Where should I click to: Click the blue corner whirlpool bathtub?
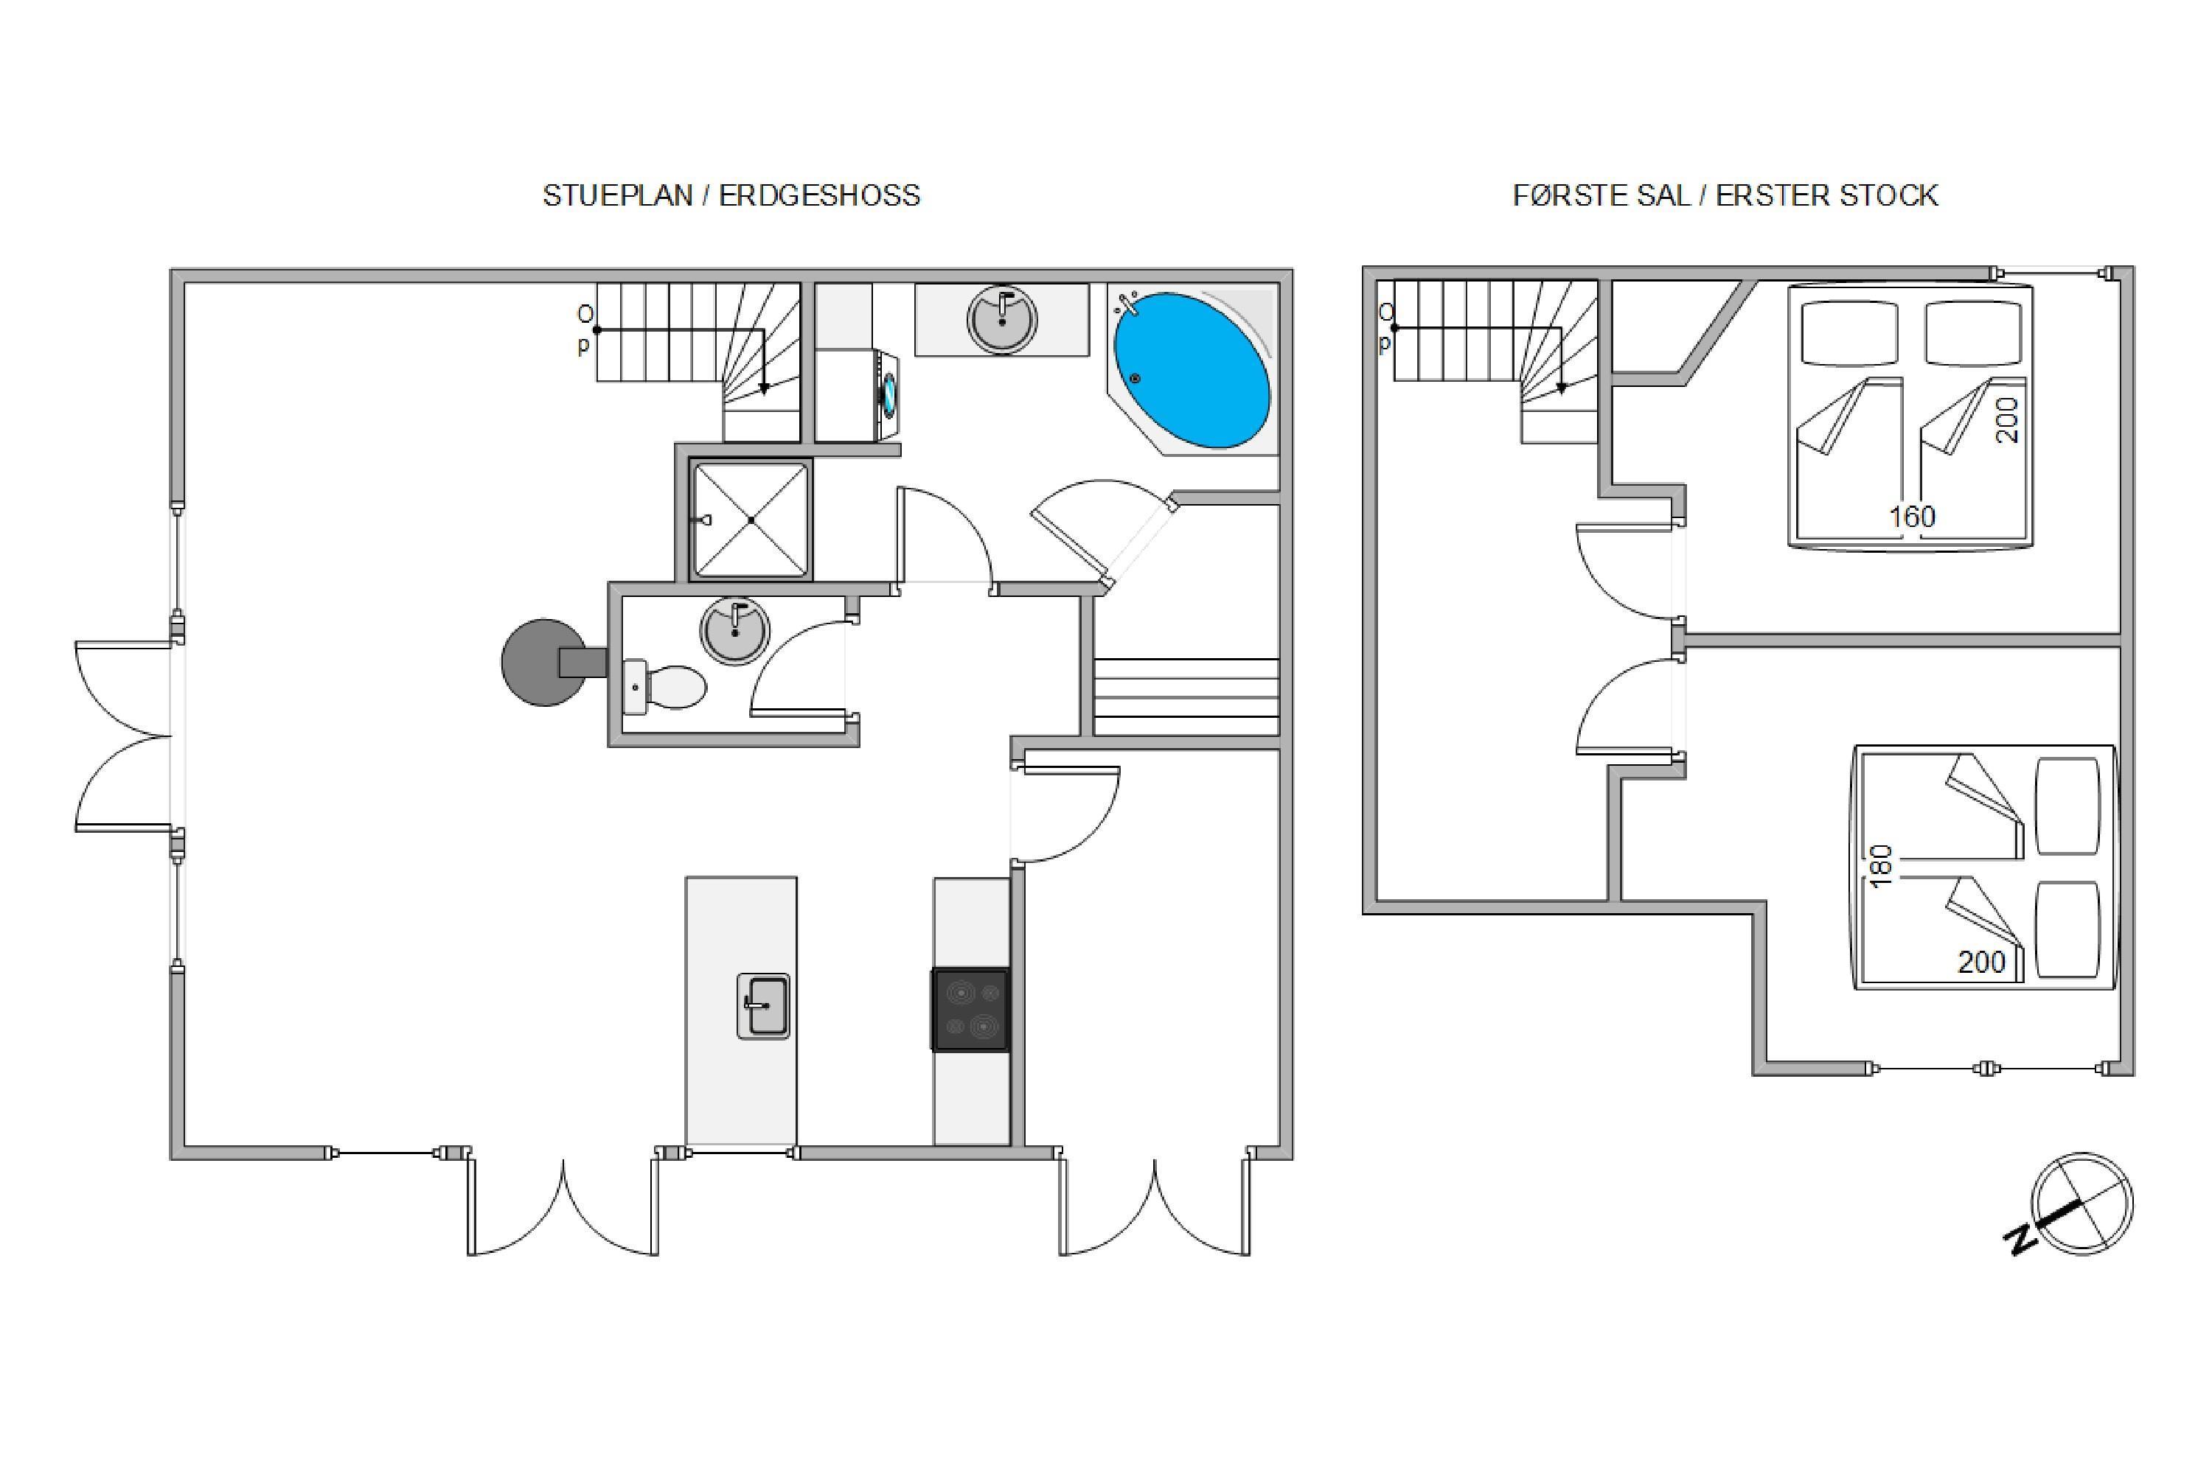click(1192, 369)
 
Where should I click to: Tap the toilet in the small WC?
click(665, 686)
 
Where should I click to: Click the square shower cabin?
click(751, 519)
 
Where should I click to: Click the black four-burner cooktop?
click(970, 1010)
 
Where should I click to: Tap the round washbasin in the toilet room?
click(734, 631)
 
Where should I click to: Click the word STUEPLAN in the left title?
click(617, 195)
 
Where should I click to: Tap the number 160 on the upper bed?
click(1912, 516)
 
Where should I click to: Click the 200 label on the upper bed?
click(2007, 420)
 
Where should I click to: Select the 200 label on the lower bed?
click(1982, 962)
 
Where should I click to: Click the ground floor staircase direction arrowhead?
click(765, 388)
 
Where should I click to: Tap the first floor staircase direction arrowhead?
click(1562, 388)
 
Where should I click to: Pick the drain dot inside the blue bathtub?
click(1135, 379)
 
